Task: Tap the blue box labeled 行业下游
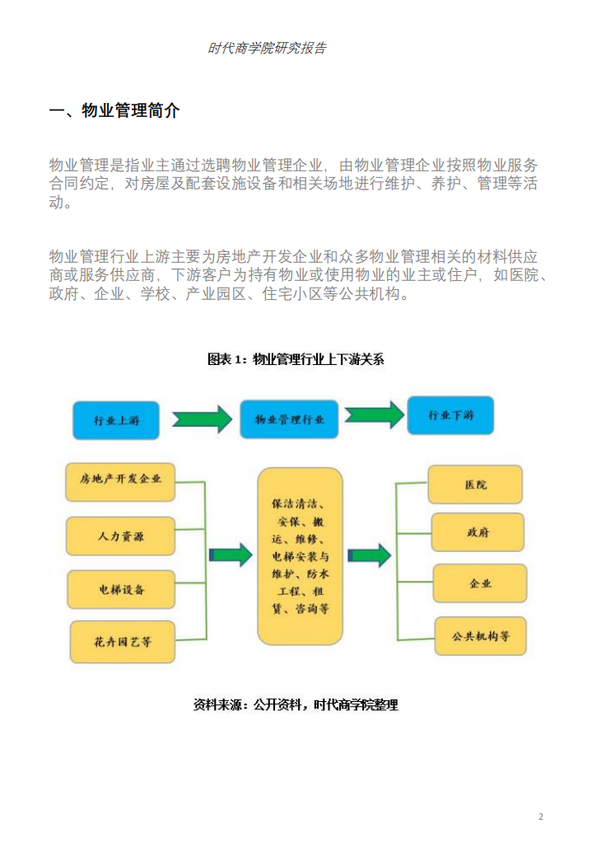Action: point(450,416)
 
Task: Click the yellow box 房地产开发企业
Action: point(120,482)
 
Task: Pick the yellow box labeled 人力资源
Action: point(120,536)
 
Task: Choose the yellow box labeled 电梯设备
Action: point(121,589)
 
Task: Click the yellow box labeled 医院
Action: point(476,484)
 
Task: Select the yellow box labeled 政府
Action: point(478,532)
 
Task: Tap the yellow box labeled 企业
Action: point(480,583)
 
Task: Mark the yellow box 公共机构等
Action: point(481,635)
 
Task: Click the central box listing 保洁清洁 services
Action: point(300,556)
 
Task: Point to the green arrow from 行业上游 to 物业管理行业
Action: point(203,419)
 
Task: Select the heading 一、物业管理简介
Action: point(114,111)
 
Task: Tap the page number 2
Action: point(541,816)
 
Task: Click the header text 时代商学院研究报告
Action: point(267,49)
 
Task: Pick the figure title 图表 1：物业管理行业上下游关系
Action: point(296,359)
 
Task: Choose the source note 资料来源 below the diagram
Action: point(296,705)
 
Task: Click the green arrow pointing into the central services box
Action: point(231,555)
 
